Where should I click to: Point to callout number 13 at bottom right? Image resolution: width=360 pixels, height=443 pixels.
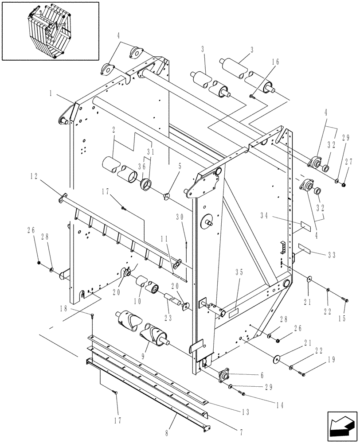(x=245, y=411)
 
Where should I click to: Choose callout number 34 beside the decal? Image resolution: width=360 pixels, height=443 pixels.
(x=264, y=217)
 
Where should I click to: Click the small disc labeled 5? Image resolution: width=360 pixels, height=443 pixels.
(x=166, y=195)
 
